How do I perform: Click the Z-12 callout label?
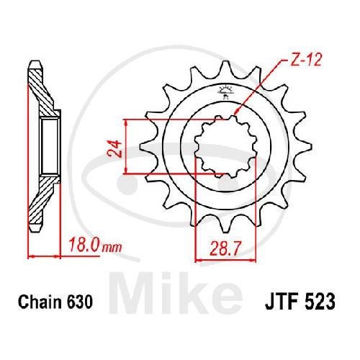pos(305,60)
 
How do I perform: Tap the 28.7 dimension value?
pos(225,248)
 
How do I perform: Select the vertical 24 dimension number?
pos(115,149)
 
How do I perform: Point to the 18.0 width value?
pos(84,245)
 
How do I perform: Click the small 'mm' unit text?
pos(112,248)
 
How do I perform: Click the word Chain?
pos(40,302)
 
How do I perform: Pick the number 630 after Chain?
pos(80,302)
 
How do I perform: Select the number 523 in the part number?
pos(320,302)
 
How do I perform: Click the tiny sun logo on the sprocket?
pos(225,91)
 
